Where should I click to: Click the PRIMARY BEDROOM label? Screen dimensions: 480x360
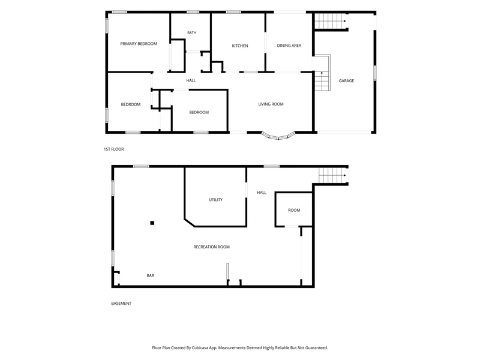[x=139, y=44]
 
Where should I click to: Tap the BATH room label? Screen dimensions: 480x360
[x=191, y=33]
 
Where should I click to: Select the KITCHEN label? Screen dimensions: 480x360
[x=239, y=46]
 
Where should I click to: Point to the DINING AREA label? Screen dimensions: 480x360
[x=289, y=46]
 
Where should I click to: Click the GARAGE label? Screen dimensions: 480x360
[x=346, y=81]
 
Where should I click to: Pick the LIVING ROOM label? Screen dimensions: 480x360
[x=271, y=104]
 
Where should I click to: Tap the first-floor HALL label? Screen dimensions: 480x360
[x=191, y=80]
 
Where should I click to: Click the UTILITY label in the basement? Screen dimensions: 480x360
[x=215, y=200]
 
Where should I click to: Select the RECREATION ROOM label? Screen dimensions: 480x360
[x=211, y=247]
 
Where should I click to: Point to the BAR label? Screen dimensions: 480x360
[x=151, y=275]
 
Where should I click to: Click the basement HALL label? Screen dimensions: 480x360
[x=262, y=193]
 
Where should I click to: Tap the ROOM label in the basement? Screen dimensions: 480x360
[x=294, y=211]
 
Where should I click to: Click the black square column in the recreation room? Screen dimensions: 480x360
[x=152, y=223]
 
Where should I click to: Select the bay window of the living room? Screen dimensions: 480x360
[x=278, y=137]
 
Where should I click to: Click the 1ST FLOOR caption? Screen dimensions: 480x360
[x=113, y=149]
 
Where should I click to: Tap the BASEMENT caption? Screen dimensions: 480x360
[x=121, y=304]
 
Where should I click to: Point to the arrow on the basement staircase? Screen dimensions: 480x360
[x=345, y=176]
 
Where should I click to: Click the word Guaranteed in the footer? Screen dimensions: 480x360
[x=317, y=348]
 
